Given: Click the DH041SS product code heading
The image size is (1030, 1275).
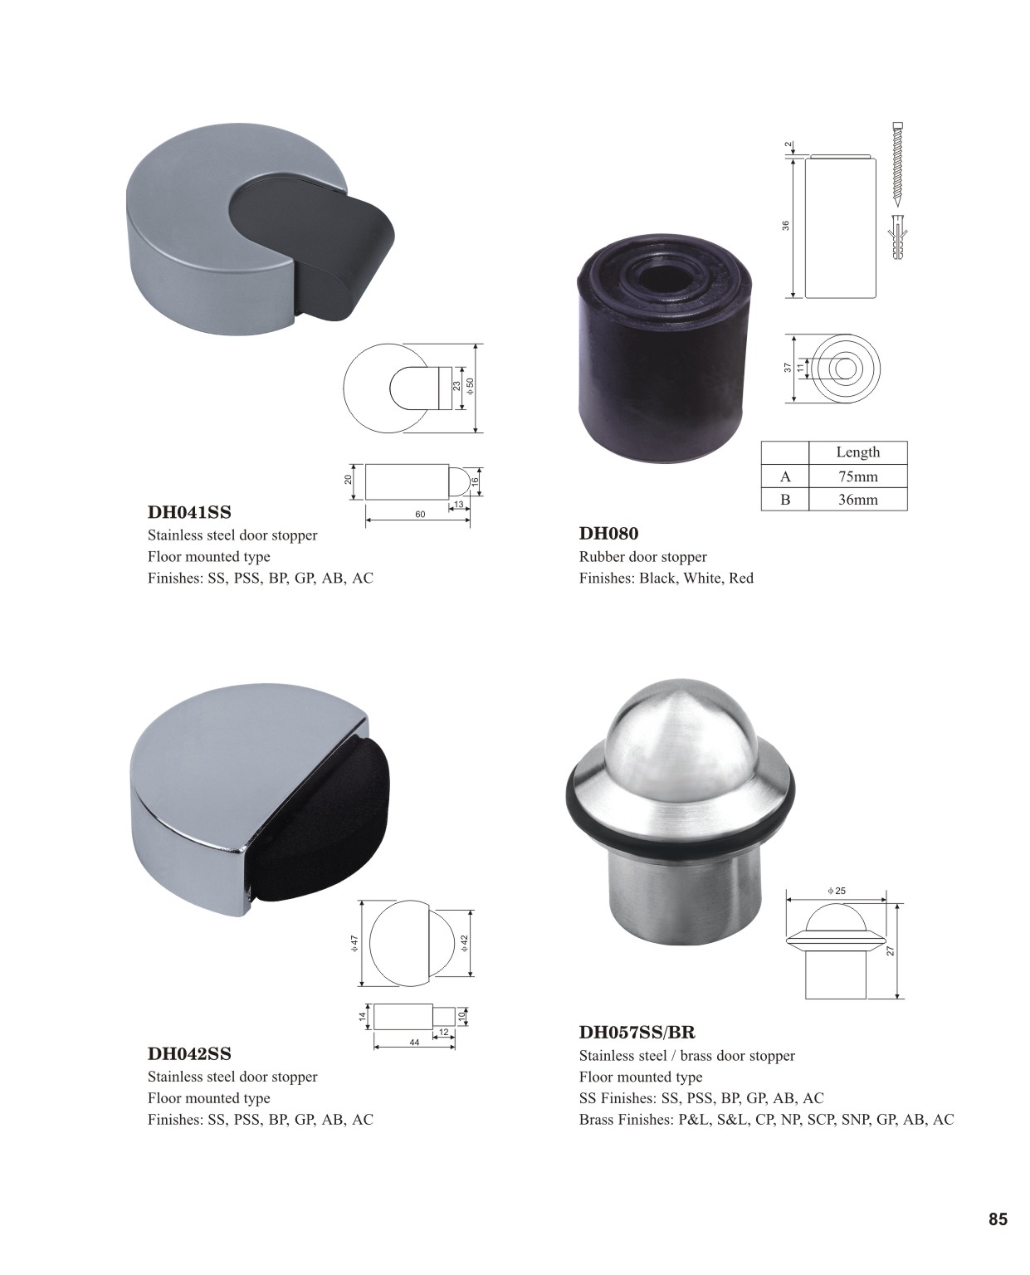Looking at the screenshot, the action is point(189,512).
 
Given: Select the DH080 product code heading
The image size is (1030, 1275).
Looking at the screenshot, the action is point(608,534).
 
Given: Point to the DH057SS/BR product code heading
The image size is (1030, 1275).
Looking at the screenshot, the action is point(637,1032).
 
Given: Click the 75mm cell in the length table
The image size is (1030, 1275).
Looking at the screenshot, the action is point(857,476).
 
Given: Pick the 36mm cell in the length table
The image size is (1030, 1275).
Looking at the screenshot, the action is point(857,500).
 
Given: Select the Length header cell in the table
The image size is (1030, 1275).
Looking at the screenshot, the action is point(857,452).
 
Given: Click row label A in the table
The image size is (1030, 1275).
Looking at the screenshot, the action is point(785,476).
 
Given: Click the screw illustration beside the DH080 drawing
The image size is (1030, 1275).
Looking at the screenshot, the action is point(897,162).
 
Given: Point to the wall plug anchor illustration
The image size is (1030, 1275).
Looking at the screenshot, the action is point(897,237).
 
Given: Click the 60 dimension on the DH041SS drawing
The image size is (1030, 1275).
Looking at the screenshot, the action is point(420,514).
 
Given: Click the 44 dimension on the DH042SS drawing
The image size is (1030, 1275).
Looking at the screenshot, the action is point(414,1042).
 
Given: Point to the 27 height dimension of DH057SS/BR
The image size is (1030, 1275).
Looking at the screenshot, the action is point(891,950).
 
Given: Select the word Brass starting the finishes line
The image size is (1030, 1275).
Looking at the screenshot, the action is point(598,1120).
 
